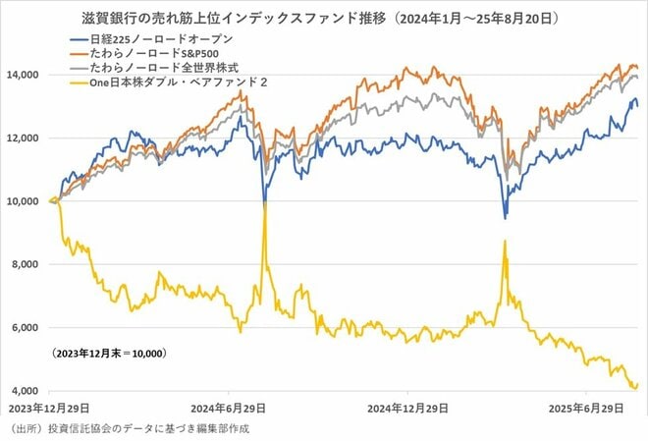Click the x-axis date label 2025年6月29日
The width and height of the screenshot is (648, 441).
pyautogui.click(x=586, y=407)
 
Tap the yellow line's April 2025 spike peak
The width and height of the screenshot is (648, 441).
pyautogui.click(x=505, y=241)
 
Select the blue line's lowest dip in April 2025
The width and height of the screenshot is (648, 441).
pyautogui.click(x=505, y=217)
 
